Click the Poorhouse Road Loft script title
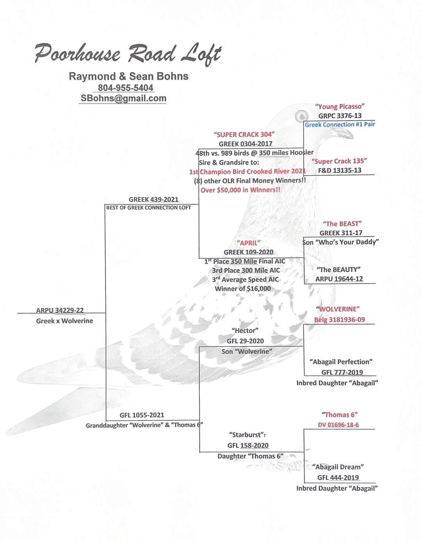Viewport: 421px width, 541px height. tap(128, 54)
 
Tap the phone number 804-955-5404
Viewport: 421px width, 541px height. tap(125, 88)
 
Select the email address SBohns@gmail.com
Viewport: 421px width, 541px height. tap(123, 98)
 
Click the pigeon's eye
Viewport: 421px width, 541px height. tap(301, 116)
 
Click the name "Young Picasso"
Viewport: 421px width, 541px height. tap(339, 106)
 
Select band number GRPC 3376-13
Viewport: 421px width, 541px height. tap(339, 116)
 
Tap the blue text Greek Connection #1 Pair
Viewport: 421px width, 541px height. tap(339, 124)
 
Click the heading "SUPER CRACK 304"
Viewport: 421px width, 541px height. tap(244, 134)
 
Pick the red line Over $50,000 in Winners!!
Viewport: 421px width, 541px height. tap(240, 190)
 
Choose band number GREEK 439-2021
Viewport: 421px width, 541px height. tap(153, 199)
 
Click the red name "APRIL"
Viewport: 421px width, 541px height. tap(249, 243)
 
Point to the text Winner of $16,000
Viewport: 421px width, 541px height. tap(243, 289)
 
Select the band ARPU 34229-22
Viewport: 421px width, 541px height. tap(60, 310)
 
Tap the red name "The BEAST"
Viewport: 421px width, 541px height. tap(342, 224)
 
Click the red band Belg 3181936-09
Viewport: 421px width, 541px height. tap(339, 320)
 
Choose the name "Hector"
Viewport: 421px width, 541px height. tap(245, 331)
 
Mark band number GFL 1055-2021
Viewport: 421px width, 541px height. tap(142, 415)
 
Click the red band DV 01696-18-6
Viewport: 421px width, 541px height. tap(338, 425)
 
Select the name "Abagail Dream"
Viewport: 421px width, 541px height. tap(338, 467)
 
